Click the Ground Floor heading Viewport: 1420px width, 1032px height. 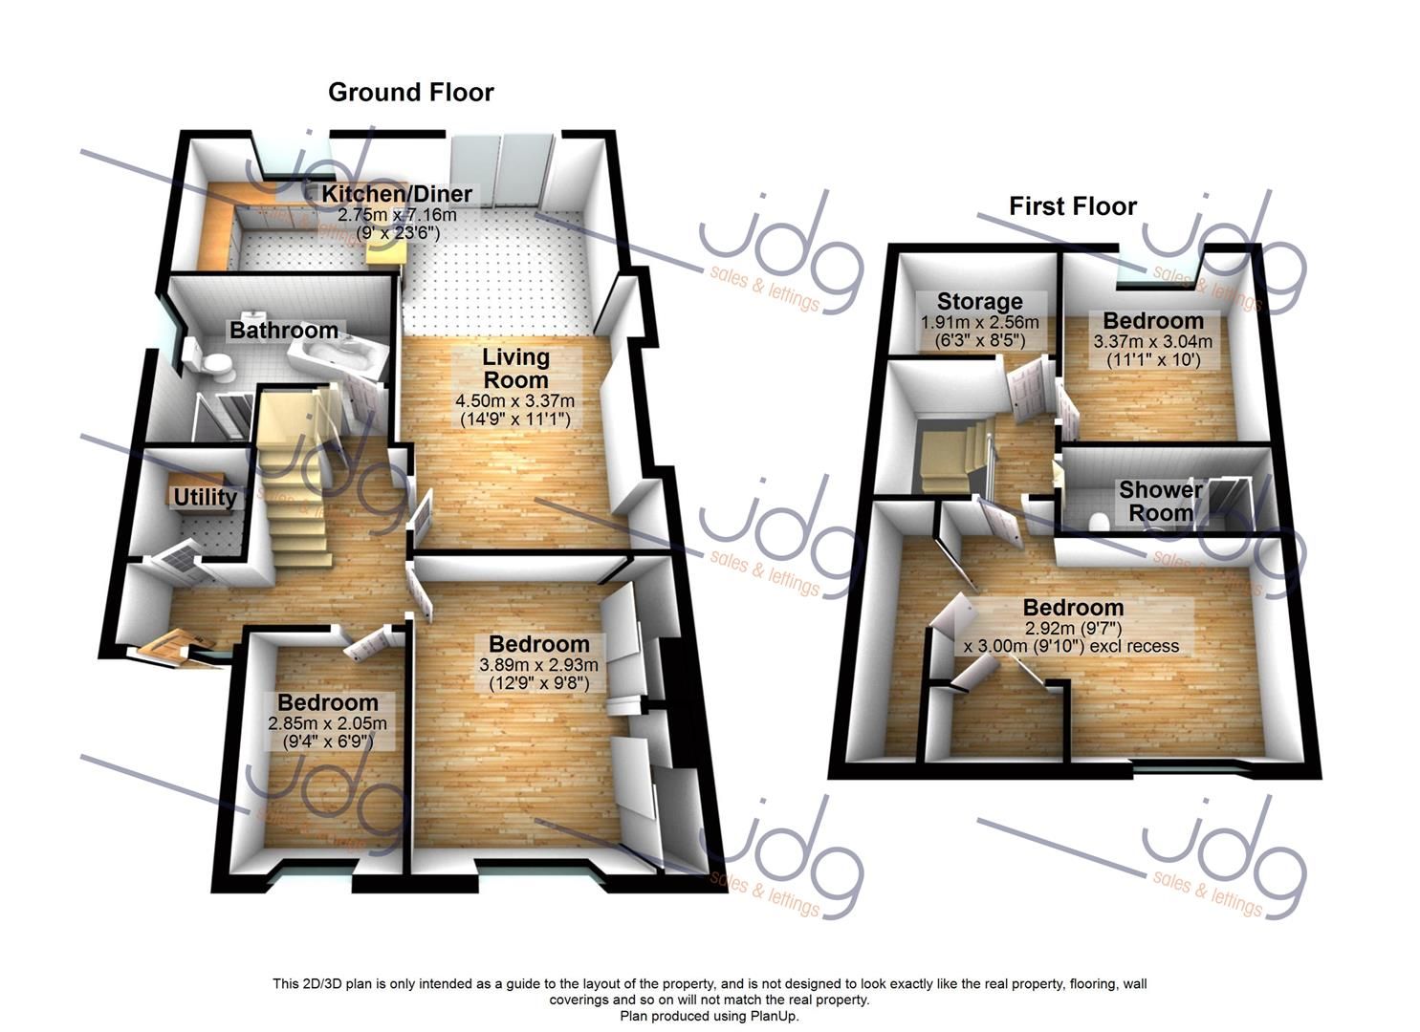point(411,93)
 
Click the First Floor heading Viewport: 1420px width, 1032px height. point(1073,206)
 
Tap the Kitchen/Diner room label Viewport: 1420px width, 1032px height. point(397,194)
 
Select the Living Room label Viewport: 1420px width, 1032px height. point(515,368)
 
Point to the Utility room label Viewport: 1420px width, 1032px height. point(205,497)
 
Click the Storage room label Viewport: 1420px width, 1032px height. point(979,301)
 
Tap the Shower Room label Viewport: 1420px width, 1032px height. point(1161,501)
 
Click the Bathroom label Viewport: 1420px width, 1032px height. point(283,330)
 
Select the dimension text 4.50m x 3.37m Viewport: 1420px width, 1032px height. point(514,400)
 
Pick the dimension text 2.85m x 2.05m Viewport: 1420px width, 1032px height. point(327,723)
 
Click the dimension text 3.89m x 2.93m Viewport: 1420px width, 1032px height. point(539,664)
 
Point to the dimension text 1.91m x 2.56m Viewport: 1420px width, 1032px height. point(979,322)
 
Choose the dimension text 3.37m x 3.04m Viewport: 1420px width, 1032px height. point(1152,341)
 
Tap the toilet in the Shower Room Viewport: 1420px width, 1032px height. point(1097,522)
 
